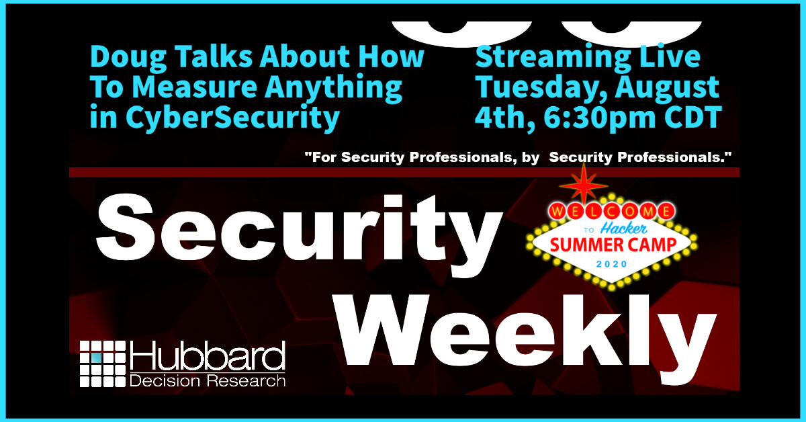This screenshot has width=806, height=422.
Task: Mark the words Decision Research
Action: [208, 380]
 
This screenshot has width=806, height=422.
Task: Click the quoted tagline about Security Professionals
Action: [517, 157]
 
